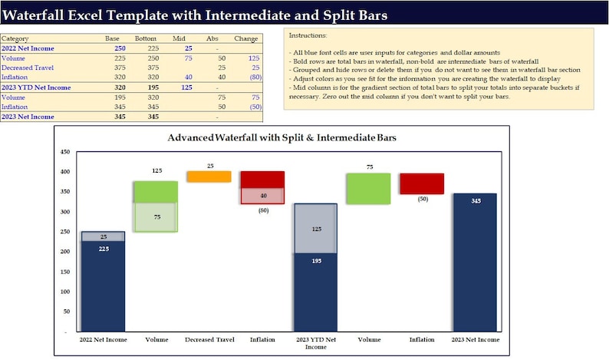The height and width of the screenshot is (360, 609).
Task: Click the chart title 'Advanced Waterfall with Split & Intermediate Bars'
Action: (x=277, y=137)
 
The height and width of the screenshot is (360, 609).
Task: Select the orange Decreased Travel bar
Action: (x=209, y=177)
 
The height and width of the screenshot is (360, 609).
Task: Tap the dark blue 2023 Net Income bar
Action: (x=476, y=261)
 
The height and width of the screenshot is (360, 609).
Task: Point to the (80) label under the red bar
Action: (x=263, y=210)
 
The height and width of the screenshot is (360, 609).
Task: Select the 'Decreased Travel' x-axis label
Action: (x=209, y=339)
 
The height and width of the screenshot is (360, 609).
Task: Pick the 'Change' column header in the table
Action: (x=245, y=38)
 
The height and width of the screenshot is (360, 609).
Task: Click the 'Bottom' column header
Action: (x=146, y=38)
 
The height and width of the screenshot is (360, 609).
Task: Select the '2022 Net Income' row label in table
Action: (x=24, y=48)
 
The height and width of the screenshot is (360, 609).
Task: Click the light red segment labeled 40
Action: (x=263, y=196)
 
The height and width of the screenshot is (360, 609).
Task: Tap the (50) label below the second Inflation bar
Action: (x=422, y=199)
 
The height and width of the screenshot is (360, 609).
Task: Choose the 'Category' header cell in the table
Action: (x=15, y=38)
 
